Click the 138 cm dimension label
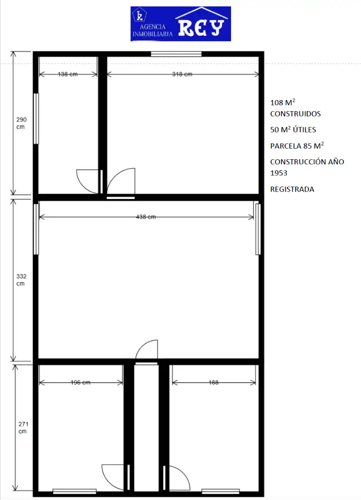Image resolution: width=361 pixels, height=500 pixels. [x=68, y=74]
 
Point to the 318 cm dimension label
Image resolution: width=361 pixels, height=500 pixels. [x=182, y=74]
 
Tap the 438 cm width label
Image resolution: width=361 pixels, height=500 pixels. [x=146, y=217]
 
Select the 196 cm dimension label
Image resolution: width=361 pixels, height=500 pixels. [x=81, y=382]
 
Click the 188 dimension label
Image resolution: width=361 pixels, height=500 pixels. [x=213, y=382]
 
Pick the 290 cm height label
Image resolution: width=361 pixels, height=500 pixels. [x=21, y=123]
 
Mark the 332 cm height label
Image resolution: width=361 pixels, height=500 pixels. [x=21, y=280]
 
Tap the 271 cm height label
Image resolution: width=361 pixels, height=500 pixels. [x=23, y=428]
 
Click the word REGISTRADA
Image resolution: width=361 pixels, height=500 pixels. [x=292, y=189]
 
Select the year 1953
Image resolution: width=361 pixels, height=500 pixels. [x=279, y=173]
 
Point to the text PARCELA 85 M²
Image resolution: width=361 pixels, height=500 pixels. [x=297, y=146]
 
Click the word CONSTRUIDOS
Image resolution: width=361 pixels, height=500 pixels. [x=295, y=114]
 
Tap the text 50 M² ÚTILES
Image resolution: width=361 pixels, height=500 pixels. [x=293, y=130]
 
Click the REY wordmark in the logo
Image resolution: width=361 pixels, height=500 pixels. [x=201, y=28]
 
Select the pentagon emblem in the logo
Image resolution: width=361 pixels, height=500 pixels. [x=140, y=15]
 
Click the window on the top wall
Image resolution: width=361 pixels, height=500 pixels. [x=176, y=54]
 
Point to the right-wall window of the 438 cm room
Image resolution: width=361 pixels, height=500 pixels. [x=258, y=229]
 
